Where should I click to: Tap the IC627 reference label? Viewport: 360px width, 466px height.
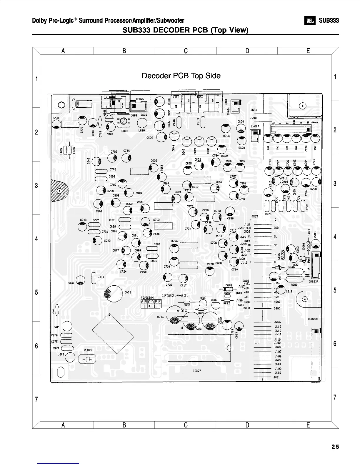pyautogui.click(x=197, y=371)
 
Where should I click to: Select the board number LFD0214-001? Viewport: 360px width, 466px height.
pyautogui.click(x=175, y=295)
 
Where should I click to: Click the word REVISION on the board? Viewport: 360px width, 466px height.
pyautogui.click(x=147, y=298)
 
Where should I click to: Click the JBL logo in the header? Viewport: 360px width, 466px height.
pyautogui.click(x=310, y=21)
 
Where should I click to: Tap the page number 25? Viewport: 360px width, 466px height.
pyautogui.click(x=335, y=447)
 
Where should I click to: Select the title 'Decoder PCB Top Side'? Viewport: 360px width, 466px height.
pyautogui.click(x=181, y=76)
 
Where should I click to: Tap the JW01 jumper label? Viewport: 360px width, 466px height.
pyautogui.click(x=276, y=377)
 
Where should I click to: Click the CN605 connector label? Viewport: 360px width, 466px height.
pyautogui.click(x=139, y=99)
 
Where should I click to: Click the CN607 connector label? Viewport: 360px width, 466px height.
pyautogui.click(x=255, y=126)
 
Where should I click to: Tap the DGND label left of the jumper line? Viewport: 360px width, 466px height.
pyautogui.click(x=246, y=308)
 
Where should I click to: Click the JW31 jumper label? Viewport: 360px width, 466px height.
pyautogui.click(x=254, y=110)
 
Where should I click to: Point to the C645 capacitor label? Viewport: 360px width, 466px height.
pyautogui.click(x=160, y=317)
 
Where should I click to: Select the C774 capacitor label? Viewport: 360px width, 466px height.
pyautogui.click(x=268, y=214)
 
